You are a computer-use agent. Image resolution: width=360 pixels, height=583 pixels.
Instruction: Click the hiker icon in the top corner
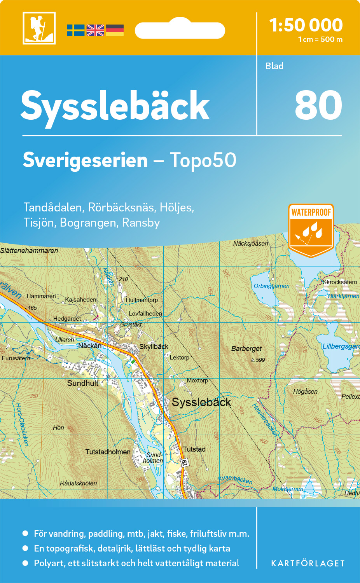click(39, 28)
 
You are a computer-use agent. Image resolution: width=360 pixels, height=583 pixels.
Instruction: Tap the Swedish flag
click(75, 30)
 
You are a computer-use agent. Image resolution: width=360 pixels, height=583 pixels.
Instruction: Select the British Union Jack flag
click(95, 30)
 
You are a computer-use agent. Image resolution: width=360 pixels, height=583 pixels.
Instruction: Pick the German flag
click(115, 30)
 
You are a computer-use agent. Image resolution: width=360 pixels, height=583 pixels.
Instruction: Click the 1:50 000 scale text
click(306, 26)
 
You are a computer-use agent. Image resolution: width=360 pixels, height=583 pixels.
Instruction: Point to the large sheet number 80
click(318, 105)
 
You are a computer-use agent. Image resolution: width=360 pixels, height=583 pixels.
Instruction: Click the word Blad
click(274, 66)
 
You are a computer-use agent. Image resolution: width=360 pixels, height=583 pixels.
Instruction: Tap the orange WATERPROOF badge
click(311, 230)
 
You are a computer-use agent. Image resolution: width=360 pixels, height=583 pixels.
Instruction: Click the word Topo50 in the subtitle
click(203, 160)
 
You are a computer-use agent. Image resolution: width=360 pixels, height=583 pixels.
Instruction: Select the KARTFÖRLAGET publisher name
click(308, 564)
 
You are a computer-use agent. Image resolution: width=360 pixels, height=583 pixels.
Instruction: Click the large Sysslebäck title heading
click(115, 106)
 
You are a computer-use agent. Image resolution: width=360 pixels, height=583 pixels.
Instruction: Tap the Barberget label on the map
click(246, 349)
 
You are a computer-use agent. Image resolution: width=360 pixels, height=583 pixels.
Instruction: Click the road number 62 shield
click(184, 463)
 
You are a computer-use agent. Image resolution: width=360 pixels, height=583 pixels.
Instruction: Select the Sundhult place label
click(82, 383)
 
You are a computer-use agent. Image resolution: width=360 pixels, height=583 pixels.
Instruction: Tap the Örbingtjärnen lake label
click(271, 286)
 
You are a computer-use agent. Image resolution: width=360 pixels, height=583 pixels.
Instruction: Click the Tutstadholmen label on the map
click(108, 452)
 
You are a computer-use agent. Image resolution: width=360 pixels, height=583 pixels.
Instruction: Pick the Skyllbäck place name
click(154, 347)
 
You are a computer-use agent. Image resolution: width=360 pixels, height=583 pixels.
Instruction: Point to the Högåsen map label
click(305, 391)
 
